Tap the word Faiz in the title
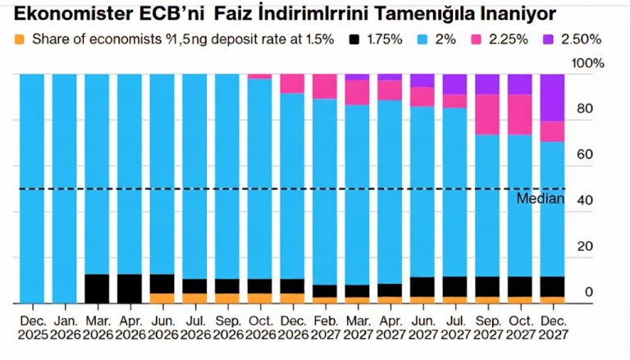click(238, 14)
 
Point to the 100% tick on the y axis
click(587, 63)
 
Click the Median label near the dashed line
click(541, 198)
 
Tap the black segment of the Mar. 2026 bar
click(97, 288)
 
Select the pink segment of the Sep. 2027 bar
click(487, 114)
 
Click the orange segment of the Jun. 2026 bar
click(162, 298)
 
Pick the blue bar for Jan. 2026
click(64, 189)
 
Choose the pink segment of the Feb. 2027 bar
click(324, 86)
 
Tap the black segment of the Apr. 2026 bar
click(129, 288)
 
